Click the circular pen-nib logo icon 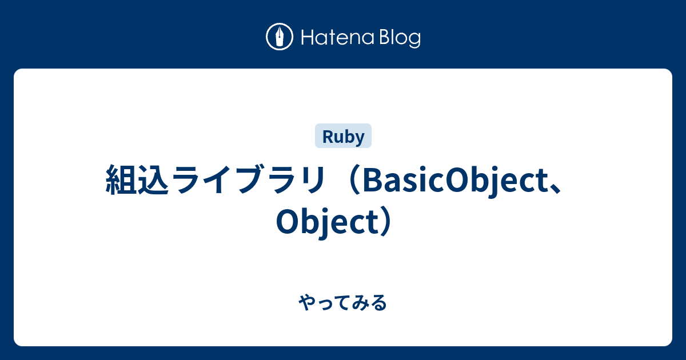click(x=280, y=37)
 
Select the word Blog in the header click(x=398, y=38)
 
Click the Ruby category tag click(x=343, y=137)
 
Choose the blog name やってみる click(x=343, y=303)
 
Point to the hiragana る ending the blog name click(x=379, y=303)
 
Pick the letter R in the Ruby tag click(x=327, y=137)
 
